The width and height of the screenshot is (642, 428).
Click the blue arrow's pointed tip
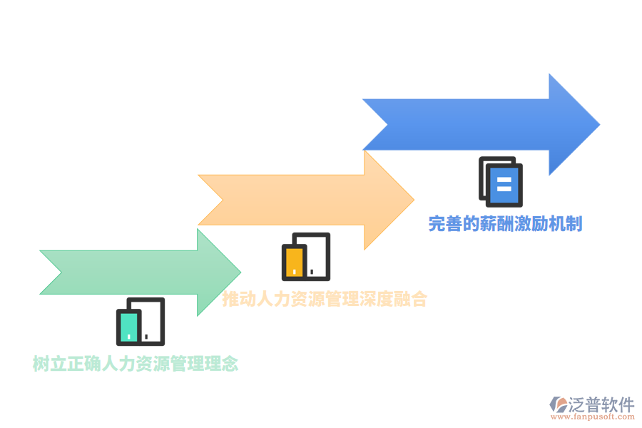(x=599, y=124)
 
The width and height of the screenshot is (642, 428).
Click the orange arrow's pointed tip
(x=414, y=200)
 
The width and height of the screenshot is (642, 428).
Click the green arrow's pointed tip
(x=240, y=272)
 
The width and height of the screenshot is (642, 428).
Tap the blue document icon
(x=501, y=181)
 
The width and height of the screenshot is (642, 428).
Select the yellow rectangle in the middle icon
(x=294, y=262)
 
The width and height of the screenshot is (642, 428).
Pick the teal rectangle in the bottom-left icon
(x=129, y=327)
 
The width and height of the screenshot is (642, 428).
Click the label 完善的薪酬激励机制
(x=505, y=223)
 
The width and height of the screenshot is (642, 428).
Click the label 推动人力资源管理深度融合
(x=325, y=299)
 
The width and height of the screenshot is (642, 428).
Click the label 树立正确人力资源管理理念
(x=136, y=363)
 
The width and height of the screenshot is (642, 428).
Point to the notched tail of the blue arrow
(x=387, y=124)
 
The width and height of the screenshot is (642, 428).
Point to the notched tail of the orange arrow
(x=223, y=200)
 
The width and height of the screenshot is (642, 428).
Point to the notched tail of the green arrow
(x=61, y=272)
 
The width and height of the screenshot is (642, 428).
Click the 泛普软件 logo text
(x=601, y=404)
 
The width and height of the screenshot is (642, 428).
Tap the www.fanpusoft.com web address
(x=593, y=417)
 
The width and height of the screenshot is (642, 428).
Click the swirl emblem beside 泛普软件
(x=559, y=404)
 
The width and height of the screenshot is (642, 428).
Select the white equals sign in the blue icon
(x=504, y=184)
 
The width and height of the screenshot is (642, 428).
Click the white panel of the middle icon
(x=317, y=256)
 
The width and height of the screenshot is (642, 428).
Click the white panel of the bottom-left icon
(x=151, y=322)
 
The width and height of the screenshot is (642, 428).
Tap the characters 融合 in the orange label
(x=410, y=299)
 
